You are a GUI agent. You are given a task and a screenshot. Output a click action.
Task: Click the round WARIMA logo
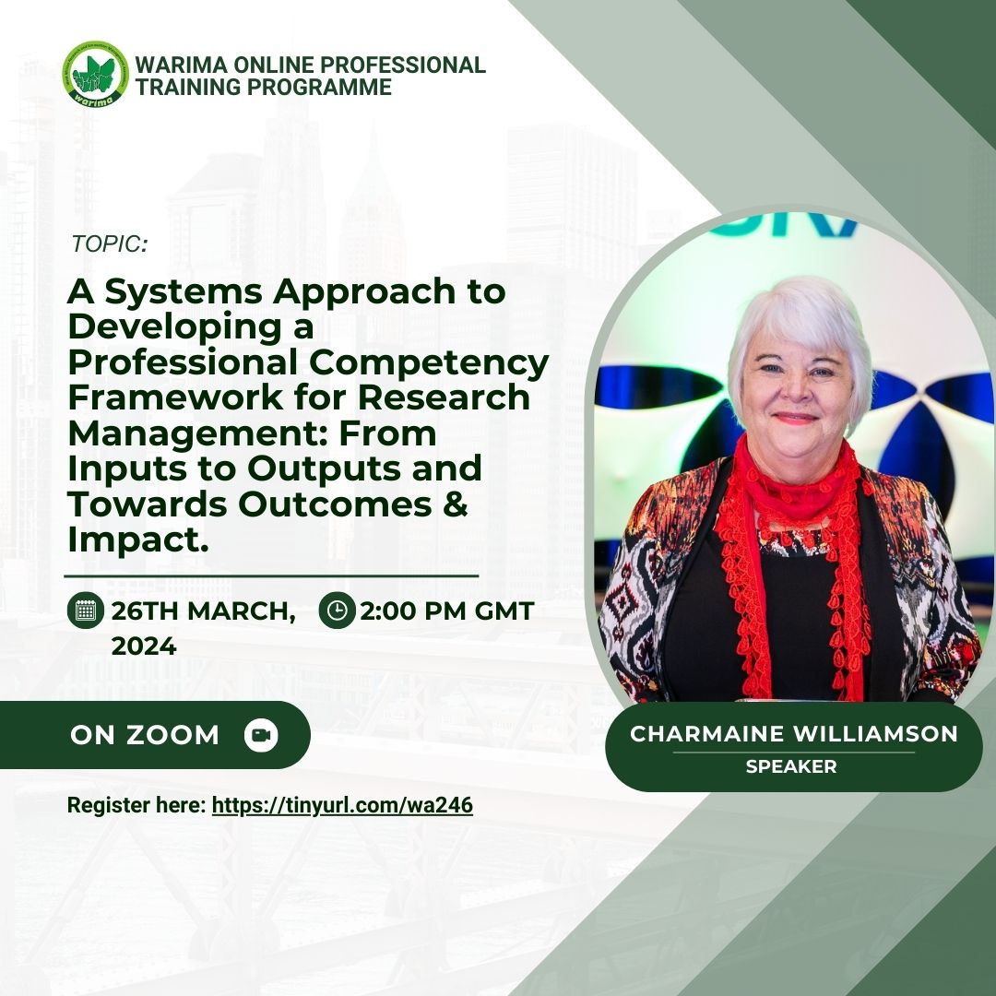coord(95,74)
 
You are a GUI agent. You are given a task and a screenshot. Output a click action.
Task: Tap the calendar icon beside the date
coord(85,611)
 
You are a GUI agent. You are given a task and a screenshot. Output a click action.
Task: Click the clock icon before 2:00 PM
coord(337,611)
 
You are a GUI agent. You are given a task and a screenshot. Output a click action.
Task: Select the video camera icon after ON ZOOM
coord(261,735)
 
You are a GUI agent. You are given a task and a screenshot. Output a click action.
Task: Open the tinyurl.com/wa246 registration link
coord(342,805)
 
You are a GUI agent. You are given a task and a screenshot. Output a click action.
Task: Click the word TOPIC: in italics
coord(109,243)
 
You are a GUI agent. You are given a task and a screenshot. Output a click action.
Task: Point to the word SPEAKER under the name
coord(791,766)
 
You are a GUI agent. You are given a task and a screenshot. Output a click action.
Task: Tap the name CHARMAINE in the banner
coord(707,734)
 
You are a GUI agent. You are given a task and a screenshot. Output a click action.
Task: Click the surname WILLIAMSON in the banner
coord(875,734)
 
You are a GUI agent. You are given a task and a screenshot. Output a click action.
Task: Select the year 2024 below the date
coord(144,646)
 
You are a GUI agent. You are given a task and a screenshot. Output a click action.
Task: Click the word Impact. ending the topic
coord(138,540)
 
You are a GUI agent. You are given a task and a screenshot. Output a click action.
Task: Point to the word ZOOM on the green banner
coord(172,735)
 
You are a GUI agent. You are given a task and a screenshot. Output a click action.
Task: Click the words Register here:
coord(136,805)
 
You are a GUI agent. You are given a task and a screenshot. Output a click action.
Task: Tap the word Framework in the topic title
coord(174,397)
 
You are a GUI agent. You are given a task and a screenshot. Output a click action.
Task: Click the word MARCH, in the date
coord(242,611)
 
